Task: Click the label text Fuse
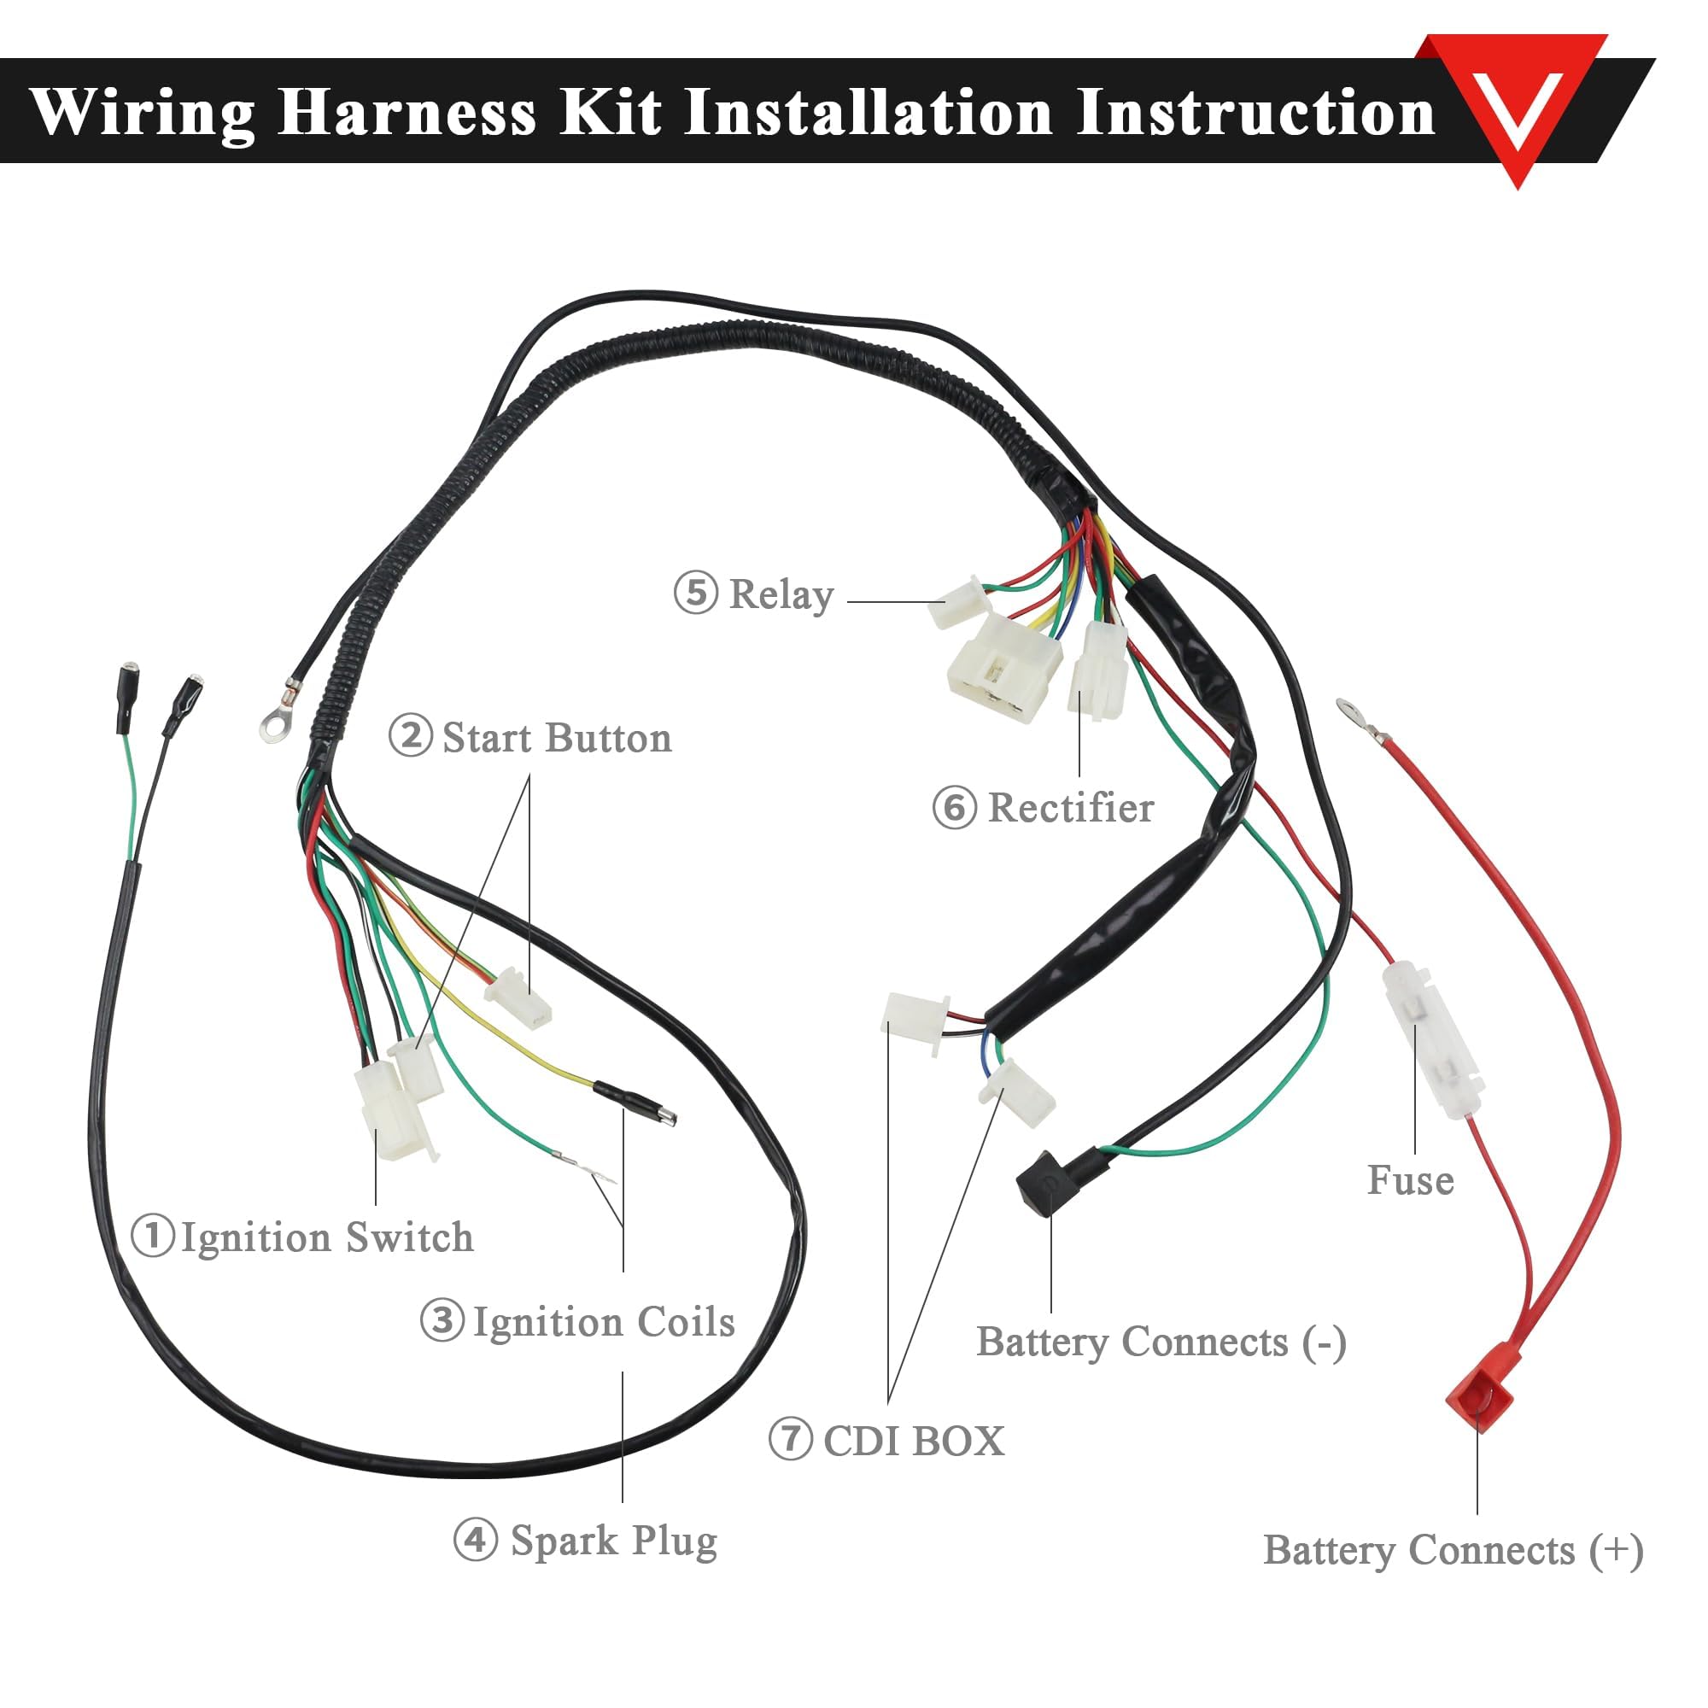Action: [1410, 1181]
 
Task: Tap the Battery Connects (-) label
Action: [1161, 1342]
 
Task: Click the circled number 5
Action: [696, 593]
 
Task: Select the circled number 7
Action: [790, 1438]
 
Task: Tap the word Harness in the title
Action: [407, 112]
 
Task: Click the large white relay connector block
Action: [1003, 669]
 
